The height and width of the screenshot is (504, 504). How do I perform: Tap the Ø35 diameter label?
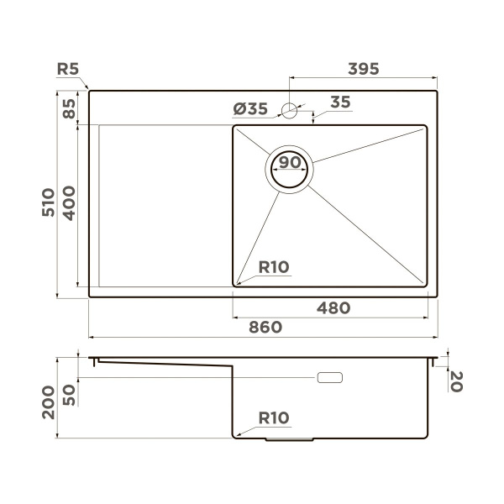[249, 108]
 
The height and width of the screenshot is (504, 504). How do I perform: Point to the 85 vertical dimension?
[69, 109]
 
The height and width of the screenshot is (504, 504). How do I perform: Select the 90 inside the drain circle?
[290, 162]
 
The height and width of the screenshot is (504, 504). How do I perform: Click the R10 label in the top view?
[274, 268]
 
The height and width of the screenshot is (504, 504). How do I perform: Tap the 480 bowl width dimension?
[333, 308]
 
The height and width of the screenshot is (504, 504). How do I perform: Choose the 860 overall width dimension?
[265, 328]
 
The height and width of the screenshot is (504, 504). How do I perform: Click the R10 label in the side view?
[274, 417]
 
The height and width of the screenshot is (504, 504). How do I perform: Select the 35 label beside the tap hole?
[339, 102]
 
